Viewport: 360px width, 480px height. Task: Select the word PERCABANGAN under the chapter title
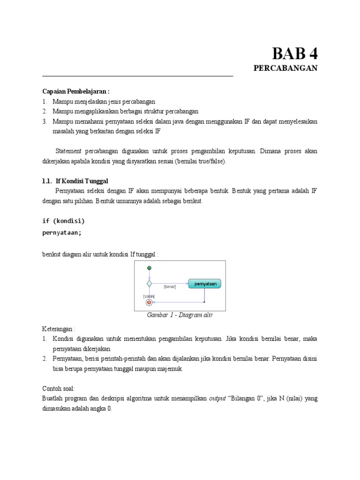click(285, 68)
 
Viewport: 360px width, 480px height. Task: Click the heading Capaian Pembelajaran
click(75, 91)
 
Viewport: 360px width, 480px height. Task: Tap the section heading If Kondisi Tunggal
click(82, 181)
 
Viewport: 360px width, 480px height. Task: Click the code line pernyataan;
click(62, 232)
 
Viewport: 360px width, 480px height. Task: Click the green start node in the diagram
click(149, 268)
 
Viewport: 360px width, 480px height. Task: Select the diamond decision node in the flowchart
click(149, 284)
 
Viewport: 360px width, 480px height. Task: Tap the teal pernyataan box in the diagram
click(205, 284)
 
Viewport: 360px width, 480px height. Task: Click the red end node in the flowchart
click(149, 302)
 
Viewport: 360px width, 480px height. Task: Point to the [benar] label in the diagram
click(170, 286)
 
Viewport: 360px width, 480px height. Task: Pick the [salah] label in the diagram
click(149, 296)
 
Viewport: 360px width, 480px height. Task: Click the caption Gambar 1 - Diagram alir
click(180, 315)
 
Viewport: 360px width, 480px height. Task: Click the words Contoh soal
click(58, 389)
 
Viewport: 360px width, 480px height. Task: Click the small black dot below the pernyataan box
click(204, 302)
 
